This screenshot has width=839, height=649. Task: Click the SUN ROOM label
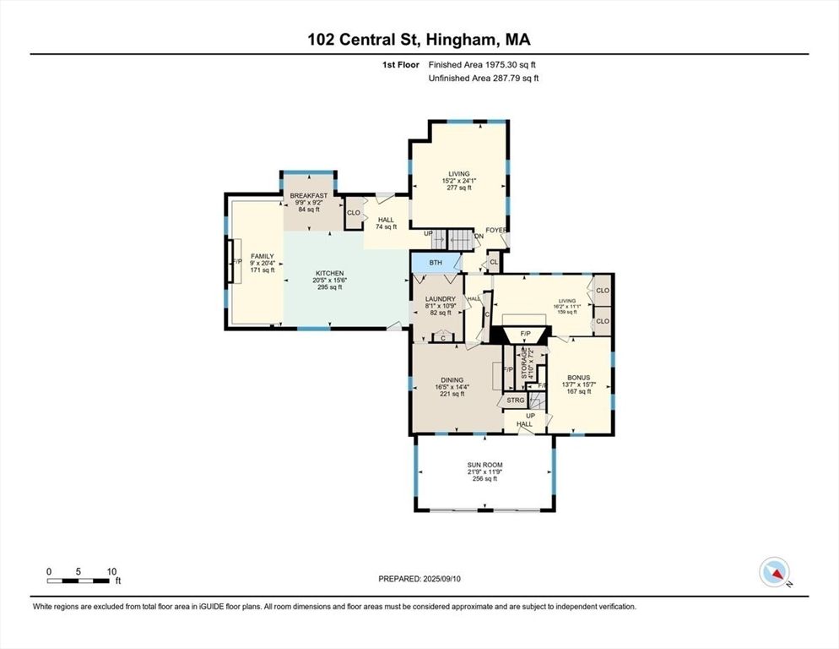(484, 465)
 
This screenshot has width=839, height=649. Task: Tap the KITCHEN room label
(329, 273)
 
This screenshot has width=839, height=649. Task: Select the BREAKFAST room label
(308, 195)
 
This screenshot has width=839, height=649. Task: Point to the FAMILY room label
(262, 255)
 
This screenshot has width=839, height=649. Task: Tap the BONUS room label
(578, 378)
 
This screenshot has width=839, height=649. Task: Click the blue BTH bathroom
(436, 263)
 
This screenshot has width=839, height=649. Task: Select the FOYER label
(495, 230)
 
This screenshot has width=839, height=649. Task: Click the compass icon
(774, 572)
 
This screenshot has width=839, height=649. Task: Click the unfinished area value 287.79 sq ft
(509, 79)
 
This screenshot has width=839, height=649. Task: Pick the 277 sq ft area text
(458, 188)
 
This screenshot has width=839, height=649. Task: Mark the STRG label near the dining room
(516, 400)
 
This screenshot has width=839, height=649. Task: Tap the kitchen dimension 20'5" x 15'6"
(329, 281)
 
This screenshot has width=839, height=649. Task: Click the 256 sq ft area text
(484, 479)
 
